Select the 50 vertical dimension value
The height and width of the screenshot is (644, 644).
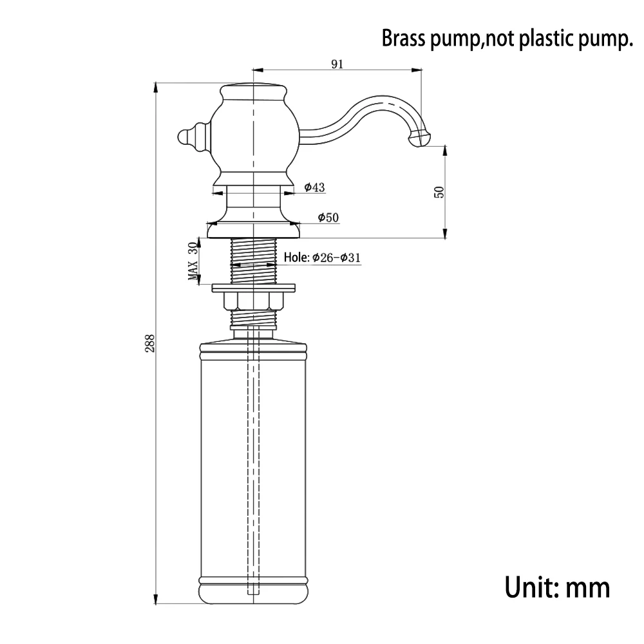[439, 192]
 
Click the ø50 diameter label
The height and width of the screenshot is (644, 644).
[328, 218]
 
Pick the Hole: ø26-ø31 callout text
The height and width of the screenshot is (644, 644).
[322, 258]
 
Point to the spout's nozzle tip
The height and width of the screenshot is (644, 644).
[419, 138]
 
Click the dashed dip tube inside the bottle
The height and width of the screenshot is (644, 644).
[254, 451]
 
